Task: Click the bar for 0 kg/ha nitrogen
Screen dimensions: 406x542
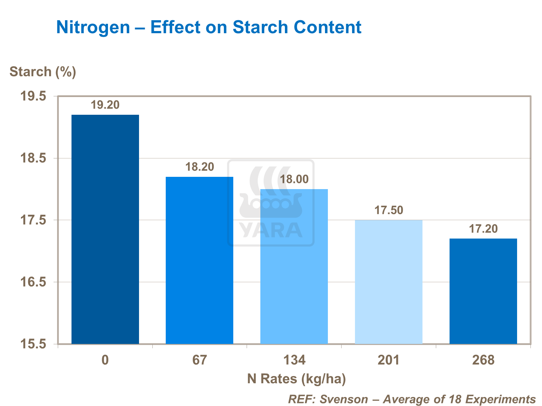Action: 105,229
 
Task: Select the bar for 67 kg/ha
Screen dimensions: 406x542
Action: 199,260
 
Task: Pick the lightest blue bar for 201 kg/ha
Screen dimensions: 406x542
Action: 389,282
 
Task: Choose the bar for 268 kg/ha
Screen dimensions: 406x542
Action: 483,291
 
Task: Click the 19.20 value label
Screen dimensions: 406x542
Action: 105,105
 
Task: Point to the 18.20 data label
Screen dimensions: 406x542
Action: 200,167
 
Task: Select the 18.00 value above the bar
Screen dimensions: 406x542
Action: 294,179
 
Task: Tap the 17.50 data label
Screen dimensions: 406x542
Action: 389,210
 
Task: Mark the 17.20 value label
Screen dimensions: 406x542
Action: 483,229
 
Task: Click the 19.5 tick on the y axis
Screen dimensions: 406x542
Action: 33,96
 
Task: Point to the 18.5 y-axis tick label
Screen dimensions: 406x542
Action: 33,158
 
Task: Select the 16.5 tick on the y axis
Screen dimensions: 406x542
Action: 33,282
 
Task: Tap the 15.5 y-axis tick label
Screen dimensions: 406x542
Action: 33,344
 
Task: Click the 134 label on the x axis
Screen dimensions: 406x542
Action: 294,360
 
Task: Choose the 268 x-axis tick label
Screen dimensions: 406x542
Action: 483,360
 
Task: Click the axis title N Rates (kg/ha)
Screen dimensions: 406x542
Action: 296,379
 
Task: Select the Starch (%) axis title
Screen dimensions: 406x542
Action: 43,72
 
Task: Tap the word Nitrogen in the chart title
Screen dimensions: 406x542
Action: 93,27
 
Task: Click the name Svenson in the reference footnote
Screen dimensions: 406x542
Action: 344,399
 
